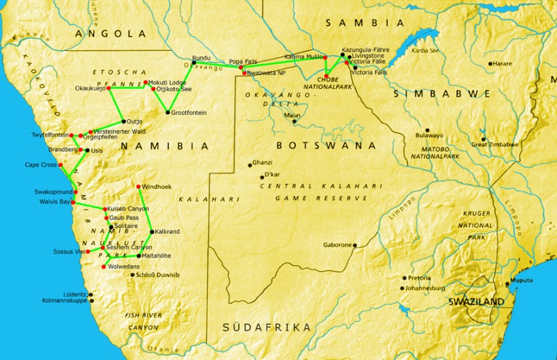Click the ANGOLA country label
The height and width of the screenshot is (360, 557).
tap(111, 33)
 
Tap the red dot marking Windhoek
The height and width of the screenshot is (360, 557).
tap(139, 186)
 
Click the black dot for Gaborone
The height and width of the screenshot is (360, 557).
tap(356, 245)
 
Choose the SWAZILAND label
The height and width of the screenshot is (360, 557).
tap(476, 302)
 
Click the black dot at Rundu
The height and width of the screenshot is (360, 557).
tap(194, 63)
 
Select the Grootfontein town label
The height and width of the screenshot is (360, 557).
tap(189, 113)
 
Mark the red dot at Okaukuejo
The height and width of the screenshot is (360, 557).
tap(109, 88)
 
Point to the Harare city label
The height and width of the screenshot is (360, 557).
tap(502, 63)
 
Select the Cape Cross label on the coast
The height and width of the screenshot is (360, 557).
tap(40, 165)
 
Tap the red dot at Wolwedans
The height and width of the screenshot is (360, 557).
tap(104, 265)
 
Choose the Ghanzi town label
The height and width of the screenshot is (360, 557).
tap(262, 161)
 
